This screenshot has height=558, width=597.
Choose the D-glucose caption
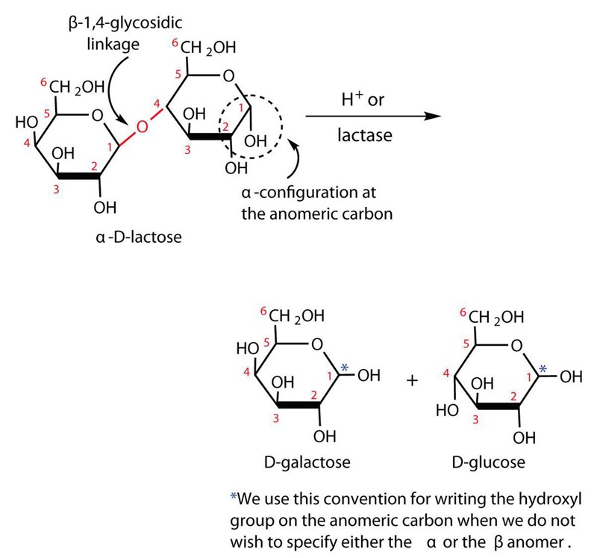pyautogui.click(x=488, y=462)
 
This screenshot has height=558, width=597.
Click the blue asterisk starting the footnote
pyautogui.click(x=234, y=497)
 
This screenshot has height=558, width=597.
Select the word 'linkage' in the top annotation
pyautogui.click(x=113, y=44)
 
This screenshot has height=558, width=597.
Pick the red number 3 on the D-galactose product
pyautogui.click(x=276, y=419)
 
